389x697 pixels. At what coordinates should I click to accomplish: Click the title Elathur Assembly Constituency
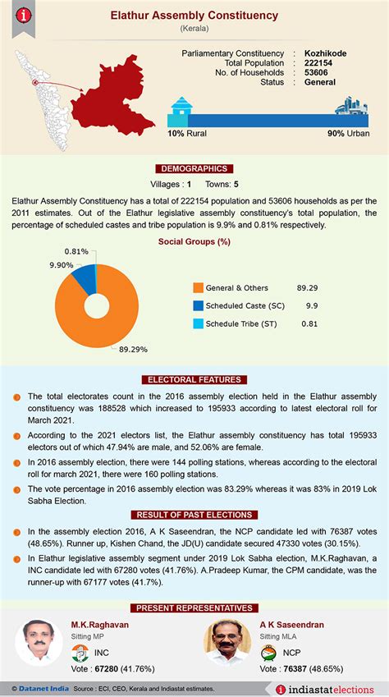click(194, 16)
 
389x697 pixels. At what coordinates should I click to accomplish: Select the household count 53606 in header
click(318, 72)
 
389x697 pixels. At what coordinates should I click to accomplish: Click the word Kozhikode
click(325, 53)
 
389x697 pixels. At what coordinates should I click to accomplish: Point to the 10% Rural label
click(186, 133)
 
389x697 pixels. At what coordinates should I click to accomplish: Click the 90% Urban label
click(348, 133)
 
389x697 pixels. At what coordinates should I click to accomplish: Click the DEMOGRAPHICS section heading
click(194, 168)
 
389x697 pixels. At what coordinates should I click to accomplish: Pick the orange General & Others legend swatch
click(198, 288)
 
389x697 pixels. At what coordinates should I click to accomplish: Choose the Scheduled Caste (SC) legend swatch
click(198, 306)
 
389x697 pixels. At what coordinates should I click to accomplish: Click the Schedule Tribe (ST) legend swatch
click(198, 323)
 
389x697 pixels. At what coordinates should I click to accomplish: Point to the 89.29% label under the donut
click(133, 349)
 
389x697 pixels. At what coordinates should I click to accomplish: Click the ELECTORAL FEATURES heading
click(194, 379)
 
